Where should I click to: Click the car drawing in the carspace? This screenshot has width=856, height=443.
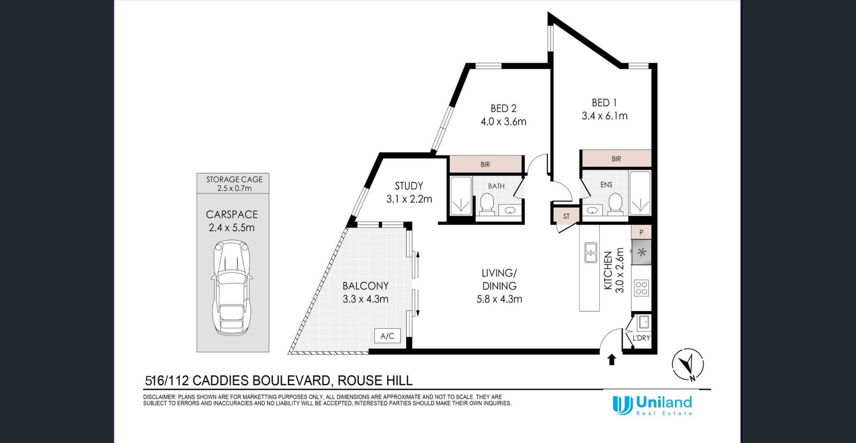(231, 287)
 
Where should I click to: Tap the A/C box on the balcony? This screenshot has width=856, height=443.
(387, 336)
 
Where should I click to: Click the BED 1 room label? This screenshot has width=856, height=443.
(604, 102)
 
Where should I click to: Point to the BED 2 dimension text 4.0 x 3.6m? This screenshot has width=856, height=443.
(504, 122)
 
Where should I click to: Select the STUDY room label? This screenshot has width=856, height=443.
(409, 186)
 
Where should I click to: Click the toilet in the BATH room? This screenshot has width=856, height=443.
(486, 205)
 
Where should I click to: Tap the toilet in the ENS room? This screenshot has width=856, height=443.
(615, 204)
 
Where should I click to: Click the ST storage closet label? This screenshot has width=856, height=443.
(566, 216)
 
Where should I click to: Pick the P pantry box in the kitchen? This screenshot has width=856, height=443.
(641, 232)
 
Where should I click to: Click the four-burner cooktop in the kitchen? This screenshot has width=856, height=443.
(641, 288)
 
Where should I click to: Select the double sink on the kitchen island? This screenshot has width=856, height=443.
(590, 252)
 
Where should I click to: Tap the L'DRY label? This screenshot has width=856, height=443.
(641, 338)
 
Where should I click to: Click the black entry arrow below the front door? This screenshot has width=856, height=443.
(611, 359)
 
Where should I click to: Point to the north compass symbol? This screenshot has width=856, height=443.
(688, 364)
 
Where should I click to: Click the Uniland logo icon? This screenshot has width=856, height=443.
(622, 405)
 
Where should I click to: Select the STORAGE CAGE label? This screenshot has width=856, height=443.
(234, 179)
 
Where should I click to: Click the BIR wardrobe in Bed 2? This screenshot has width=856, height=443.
(486, 164)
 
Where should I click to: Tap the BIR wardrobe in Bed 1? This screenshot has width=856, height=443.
(616, 159)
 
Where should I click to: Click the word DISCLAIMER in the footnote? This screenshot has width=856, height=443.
(160, 397)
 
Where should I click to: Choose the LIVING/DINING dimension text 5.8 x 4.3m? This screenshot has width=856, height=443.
(499, 299)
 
